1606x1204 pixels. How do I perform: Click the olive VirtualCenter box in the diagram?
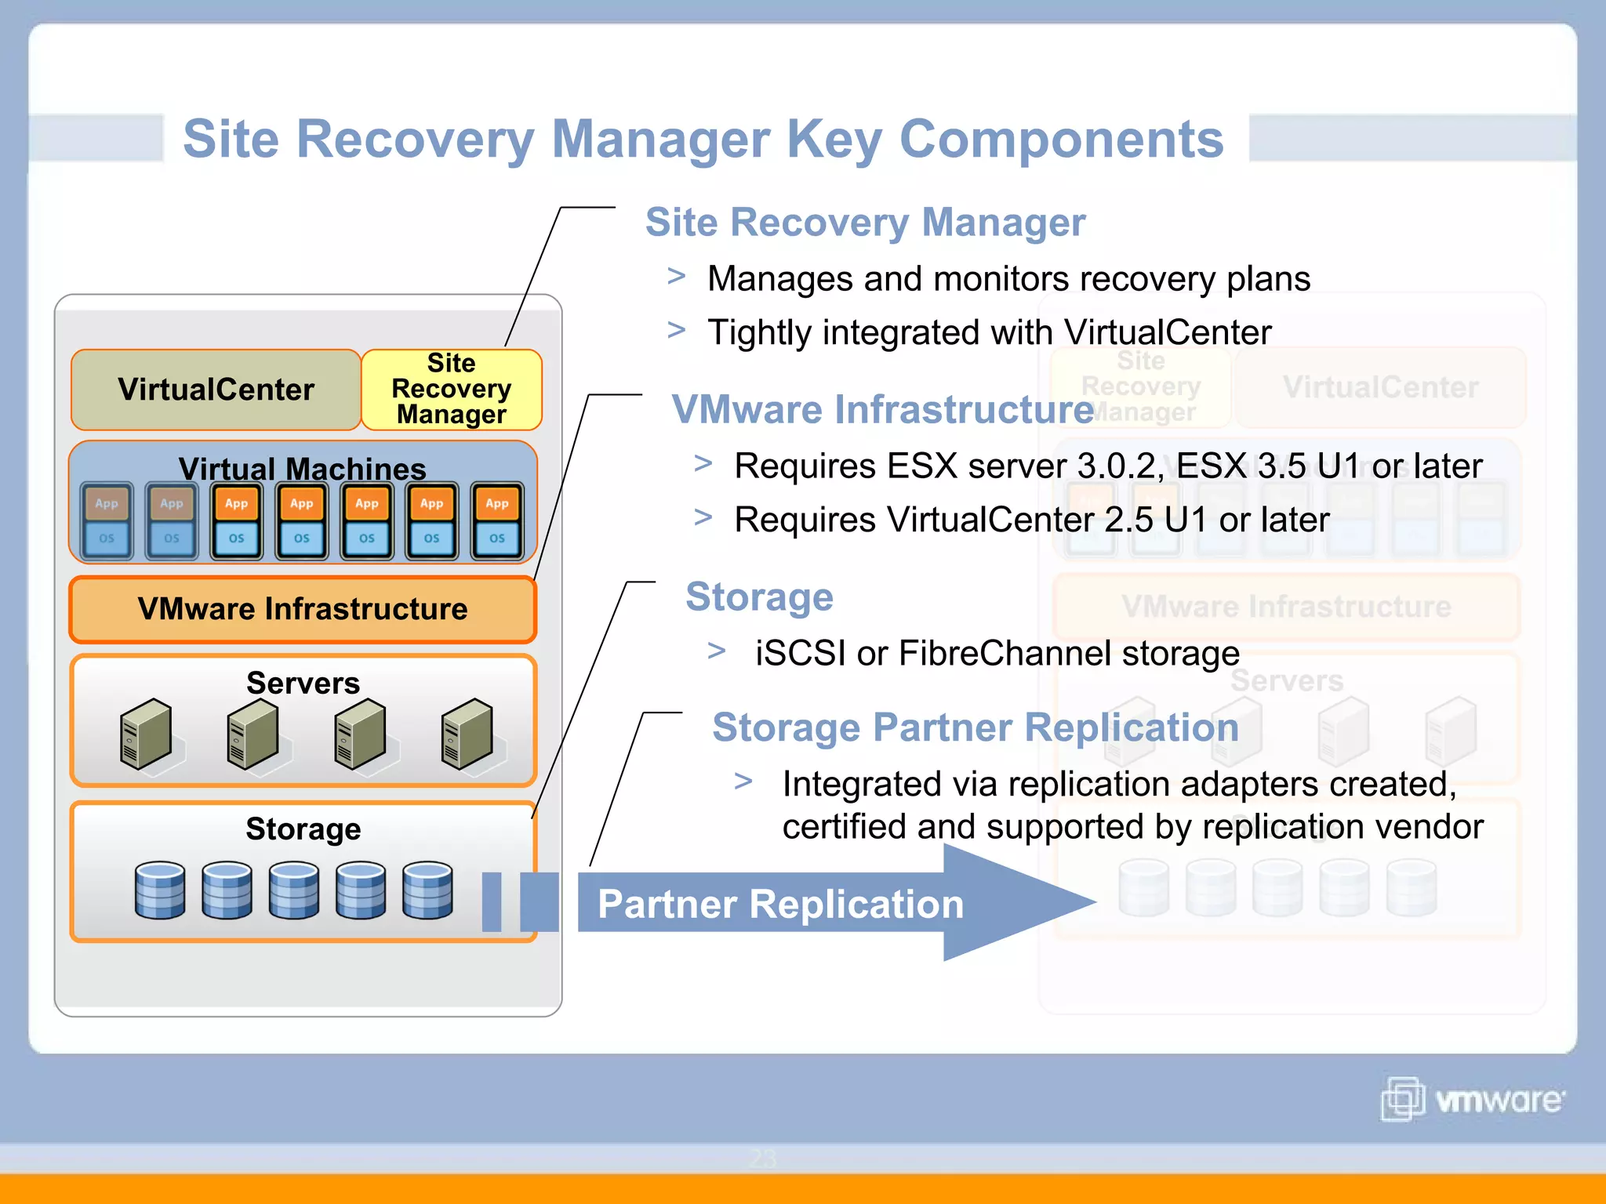click(x=216, y=390)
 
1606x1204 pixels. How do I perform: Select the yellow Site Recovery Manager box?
click(x=452, y=390)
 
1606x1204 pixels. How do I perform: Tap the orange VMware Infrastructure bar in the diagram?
click(x=303, y=609)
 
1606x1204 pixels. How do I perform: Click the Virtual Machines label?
click(x=303, y=469)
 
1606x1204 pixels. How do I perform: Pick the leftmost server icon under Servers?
click(x=146, y=734)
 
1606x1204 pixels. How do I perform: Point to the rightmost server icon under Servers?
click(x=467, y=734)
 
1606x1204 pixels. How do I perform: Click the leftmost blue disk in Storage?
click(x=160, y=890)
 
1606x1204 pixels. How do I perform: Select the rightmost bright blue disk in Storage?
click(x=427, y=890)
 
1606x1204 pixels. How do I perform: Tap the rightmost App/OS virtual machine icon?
click(x=497, y=521)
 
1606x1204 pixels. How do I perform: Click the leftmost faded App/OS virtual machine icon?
click(x=107, y=521)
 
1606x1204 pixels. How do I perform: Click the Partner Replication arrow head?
click(x=1019, y=902)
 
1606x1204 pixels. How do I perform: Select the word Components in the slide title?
click(x=1061, y=139)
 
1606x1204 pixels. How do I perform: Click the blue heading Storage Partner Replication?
click(x=975, y=727)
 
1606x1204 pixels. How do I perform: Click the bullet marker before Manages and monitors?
click(x=677, y=276)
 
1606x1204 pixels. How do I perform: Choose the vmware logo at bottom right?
click(x=1473, y=1099)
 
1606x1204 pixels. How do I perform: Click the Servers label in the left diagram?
click(x=303, y=683)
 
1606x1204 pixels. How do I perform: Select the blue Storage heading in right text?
click(x=759, y=597)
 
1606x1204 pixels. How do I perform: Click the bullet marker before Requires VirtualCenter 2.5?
click(x=703, y=517)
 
